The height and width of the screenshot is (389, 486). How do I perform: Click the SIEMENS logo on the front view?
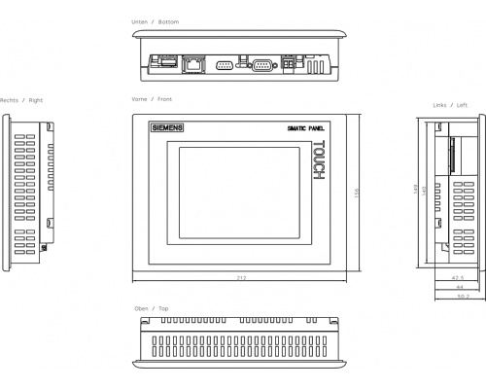tap(167, 127)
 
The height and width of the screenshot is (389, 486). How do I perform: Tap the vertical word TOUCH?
tap(319, 159)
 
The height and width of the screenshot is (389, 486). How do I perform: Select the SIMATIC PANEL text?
tap(305, 128)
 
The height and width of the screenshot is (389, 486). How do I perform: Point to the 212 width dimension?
tap(241, 278)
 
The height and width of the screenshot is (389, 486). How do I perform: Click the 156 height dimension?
tap(357, 193)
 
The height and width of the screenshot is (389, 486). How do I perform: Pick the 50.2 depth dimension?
tap(464, 297)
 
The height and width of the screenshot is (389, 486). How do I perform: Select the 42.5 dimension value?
tap(458, 278)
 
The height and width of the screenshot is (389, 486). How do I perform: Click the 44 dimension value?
tap(460, 287)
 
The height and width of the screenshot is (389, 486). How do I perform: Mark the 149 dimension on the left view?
tap(416, 190)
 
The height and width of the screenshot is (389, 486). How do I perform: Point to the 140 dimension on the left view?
tap(424, 191)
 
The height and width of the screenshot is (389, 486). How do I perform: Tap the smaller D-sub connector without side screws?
tap(225, 66)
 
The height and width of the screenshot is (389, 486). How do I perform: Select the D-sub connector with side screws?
tap(262, 66)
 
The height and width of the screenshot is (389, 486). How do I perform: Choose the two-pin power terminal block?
tap(288, 63)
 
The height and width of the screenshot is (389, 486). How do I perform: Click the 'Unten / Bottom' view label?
tap(156, 22)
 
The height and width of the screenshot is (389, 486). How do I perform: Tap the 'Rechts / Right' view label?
tap(21, 100)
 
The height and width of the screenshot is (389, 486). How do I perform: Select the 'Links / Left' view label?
tap(450, 105)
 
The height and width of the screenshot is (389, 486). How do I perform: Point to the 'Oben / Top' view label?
tap(152, 308)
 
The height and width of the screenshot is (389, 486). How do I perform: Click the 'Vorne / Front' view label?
tap(152, 99)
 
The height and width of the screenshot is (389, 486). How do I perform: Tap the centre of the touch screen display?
tap(239, 193)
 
